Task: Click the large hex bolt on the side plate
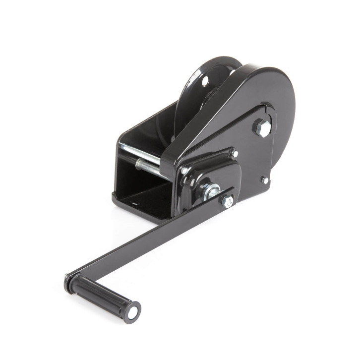pos(261,128)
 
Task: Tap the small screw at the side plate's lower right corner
pos(265,180)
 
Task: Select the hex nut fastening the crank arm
pos(227,200)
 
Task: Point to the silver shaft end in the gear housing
pos(211,189)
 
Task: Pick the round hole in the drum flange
pos(204,81)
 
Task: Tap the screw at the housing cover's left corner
pos(184,171)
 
